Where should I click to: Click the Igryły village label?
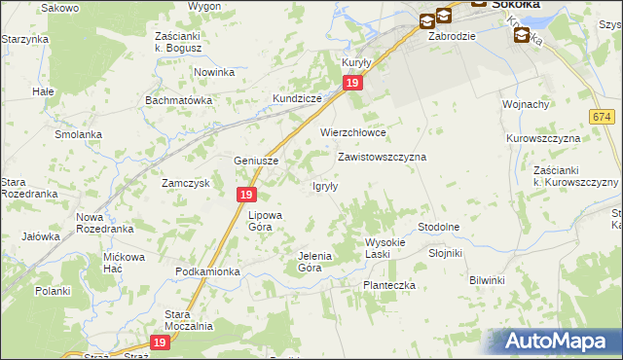coord(324,187)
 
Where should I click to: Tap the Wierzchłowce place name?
coord(353,132)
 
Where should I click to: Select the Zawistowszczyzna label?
coord(382,156)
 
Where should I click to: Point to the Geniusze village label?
coord(257,161)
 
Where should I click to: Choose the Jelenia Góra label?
coord(314,261)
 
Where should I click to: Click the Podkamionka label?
coord(207,271)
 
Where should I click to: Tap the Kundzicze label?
coord(297,100)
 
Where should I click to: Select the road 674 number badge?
coord(601,116)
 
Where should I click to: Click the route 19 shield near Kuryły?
coord(353,85)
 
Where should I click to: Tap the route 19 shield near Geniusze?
coord(246,196)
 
